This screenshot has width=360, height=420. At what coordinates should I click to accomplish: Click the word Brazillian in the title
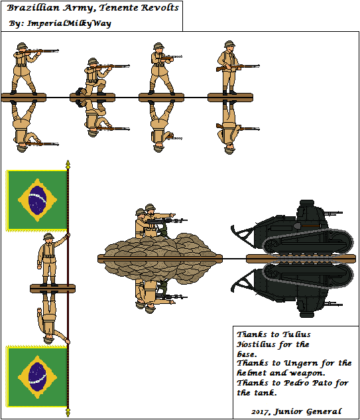coord(33,8)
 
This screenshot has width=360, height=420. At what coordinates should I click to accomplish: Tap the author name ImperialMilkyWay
coord(69,24)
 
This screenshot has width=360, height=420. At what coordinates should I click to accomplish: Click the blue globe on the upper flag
coord(38,200)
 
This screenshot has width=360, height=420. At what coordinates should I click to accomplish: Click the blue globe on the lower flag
coord(38,377)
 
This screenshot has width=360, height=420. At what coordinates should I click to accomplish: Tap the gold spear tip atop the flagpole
coord(68,164)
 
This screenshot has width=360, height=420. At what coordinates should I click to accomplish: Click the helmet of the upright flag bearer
coord(48,236)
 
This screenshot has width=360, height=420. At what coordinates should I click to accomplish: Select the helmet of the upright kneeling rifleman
coord(93,61)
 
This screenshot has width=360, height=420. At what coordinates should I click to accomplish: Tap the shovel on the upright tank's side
coord(306,226)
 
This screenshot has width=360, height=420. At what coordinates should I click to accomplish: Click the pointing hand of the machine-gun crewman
coord(173,214)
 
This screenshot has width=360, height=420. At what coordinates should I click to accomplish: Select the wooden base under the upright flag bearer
coord(52,289)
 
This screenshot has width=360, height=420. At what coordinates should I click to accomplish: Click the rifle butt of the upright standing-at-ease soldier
coord(219,69)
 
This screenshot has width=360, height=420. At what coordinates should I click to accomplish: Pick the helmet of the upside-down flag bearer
coord(48,340)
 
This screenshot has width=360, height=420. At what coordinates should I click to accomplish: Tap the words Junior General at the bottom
coord(308,411)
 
